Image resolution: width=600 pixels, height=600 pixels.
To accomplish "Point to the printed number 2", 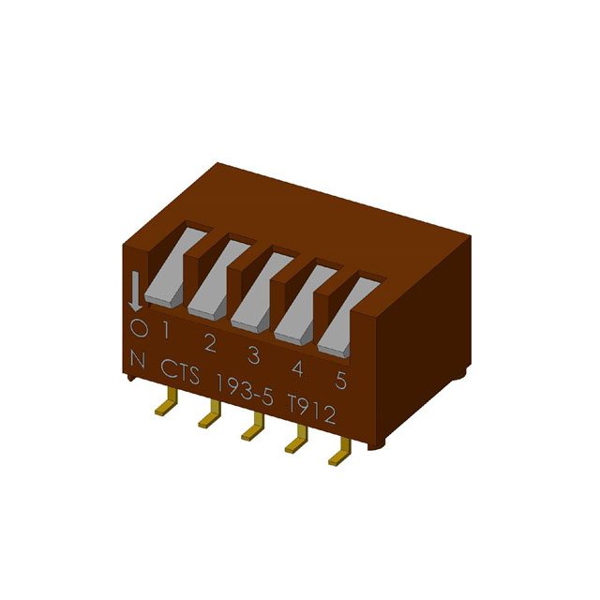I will coord(209,343).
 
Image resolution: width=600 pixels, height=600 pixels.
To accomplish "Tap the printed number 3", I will coord(253,355).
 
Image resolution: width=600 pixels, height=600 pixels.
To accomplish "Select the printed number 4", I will coord(296,367).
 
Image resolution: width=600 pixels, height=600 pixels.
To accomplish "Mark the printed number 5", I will coord(340,381).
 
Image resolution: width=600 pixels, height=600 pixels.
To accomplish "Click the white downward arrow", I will coord(135,292).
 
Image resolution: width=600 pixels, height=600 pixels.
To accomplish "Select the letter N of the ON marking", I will coord(139,359).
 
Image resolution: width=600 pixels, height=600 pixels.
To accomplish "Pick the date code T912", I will coord(311,411).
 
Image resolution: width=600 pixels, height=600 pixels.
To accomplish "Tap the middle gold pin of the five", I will coord(251,430).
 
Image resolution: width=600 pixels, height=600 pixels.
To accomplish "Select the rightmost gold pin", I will coord(337,455).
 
